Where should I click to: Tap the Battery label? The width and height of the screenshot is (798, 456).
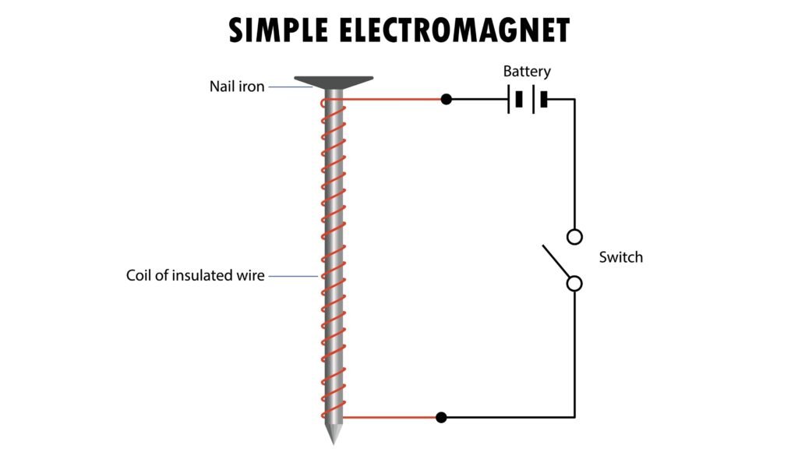coord(527,72)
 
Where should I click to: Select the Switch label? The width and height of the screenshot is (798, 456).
coord(620,257)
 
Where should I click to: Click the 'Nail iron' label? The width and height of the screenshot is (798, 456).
coord(237,87)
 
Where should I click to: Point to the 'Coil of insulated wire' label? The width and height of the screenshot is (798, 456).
coord(196,275)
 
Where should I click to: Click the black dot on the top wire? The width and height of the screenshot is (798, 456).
coord(446,100)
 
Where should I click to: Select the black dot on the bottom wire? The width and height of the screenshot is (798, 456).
coord(441,417)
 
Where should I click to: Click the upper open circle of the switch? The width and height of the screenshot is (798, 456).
coord(574,235)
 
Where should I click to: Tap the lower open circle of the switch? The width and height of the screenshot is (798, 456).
coord(574,284)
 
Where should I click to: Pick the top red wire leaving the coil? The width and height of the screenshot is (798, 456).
coord(390,100)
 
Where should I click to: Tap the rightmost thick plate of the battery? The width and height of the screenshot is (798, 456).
coord(544,100)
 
